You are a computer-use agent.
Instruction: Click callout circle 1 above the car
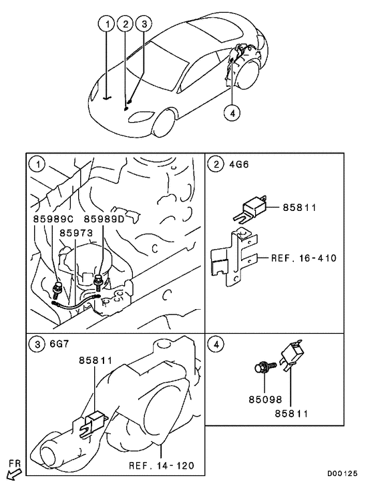[x=106, y=25]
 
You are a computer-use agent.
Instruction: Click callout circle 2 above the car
[x=125, y=25]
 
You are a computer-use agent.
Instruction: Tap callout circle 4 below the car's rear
[x=232, y=113]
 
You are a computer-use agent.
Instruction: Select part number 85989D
[x=105, y=219]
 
